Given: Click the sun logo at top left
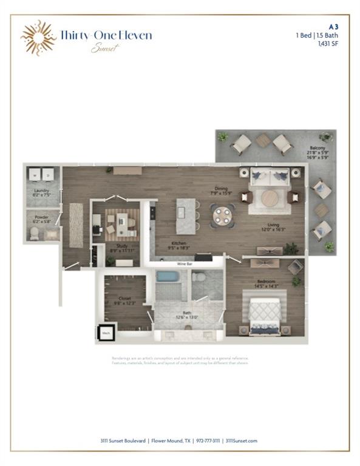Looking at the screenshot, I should [x=38, y=37].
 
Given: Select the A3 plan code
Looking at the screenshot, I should [x=333, y=27].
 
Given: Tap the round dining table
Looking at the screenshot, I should [x=223, y=215].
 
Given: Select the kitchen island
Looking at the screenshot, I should [x=187, y=215].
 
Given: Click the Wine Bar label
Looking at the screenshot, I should [x=185, y=265].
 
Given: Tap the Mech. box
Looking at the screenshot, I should [x=106, y=333].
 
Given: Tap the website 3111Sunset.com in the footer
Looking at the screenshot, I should [x=241, y=441].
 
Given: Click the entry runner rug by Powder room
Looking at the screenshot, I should [x=76, y=225].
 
